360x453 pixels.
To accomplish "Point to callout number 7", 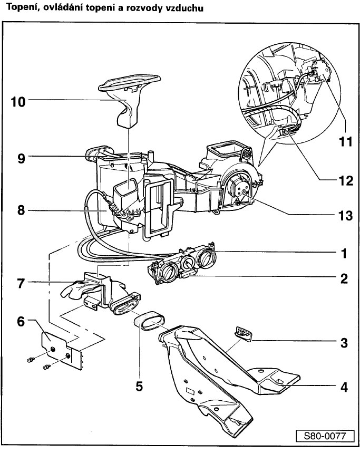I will tap(20, 283).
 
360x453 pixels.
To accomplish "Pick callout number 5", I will tap(139, 385).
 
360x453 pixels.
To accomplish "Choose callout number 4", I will tap(344, 386).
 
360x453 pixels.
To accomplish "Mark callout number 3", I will tap(344, 343).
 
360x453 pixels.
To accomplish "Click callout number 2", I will tap(344, 278).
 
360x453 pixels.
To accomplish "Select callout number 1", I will tap(344, 253).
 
